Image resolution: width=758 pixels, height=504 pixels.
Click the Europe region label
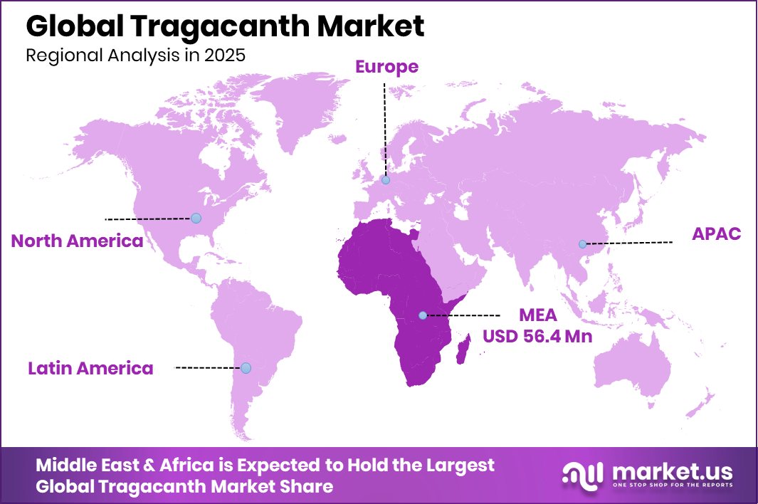tap(386, 67)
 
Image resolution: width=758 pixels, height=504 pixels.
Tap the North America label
tap(77, 241)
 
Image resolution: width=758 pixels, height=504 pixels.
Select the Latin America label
tap(90, 368)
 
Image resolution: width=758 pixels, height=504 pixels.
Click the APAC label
tap(717, 234)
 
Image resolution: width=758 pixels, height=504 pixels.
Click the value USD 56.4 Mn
tap(537, 336)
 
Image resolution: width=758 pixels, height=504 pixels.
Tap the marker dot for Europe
tap(386, 180)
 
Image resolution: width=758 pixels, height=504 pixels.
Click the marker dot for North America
tap(196, 218)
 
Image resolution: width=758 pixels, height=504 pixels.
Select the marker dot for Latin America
tap(246, 368)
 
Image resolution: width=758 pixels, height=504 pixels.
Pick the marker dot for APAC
tap(582, 244)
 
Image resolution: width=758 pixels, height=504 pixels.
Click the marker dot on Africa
tap(423, 315)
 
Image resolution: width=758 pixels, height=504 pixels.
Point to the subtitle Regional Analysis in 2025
tap(135, 56)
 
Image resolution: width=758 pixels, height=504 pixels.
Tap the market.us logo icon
tap(582, 475)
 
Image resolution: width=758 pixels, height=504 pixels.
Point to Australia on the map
tap(633, 367)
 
